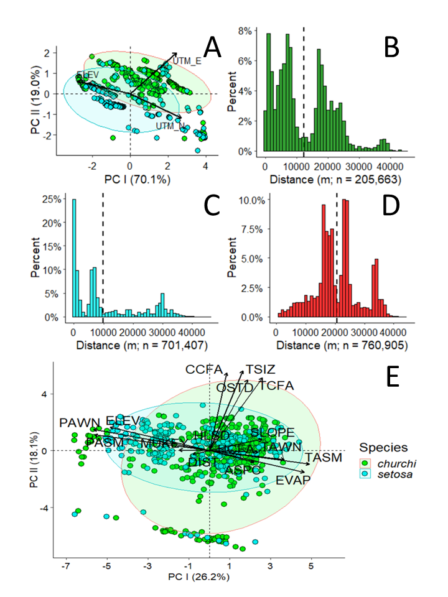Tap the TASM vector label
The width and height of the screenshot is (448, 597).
[x=324, y=458]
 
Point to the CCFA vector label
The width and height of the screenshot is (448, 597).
[x=203, y=370]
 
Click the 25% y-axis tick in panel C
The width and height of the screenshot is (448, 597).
[x=53, y=200]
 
